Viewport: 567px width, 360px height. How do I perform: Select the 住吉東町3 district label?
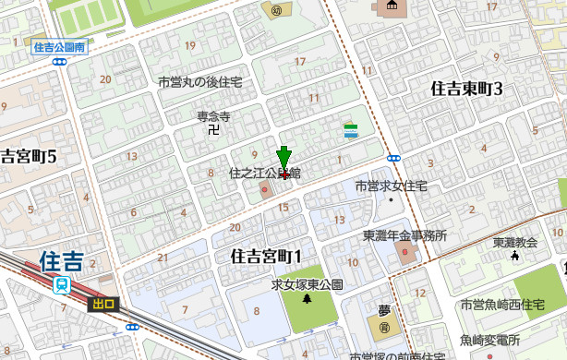(x=466, y=89)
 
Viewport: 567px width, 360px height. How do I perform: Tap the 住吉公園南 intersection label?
(x=58, y=46)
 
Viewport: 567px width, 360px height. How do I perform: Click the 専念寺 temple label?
(x=212, y=116)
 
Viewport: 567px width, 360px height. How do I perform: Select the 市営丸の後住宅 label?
(x=200, y=82)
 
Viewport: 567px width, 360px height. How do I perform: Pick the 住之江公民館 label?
(x=265, y=173)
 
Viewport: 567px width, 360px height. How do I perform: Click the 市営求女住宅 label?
(x=392, y=186)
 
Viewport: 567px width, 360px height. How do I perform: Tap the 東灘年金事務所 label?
(x=404, y=235)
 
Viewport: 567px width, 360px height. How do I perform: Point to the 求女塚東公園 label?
(x=307, y=284)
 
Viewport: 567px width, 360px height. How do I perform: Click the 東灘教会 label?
(x=515, y=243)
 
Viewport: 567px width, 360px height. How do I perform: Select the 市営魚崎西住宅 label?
(x=502, y=305)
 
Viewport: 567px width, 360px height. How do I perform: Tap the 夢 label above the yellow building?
(x=385, y=311)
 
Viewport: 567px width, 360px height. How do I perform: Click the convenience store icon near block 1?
(x=351, y=131)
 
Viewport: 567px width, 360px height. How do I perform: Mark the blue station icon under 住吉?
(x=62, y=285)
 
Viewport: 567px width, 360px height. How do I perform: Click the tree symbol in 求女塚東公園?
(x=307, y=299)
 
